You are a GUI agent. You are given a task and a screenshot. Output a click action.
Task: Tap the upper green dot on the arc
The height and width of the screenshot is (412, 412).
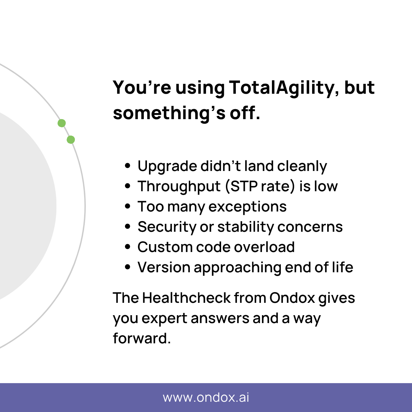click(x=61, y=123)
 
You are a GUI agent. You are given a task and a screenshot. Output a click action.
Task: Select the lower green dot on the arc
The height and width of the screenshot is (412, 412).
click(x=71, y=140)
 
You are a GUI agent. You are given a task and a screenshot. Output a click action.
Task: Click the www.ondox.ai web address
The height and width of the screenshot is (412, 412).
click(x=206, y=398)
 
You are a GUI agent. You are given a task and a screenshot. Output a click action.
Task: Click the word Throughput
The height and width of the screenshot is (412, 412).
click(x=179, y=187)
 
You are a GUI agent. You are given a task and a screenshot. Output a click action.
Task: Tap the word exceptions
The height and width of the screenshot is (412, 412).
click(x=247, y=207)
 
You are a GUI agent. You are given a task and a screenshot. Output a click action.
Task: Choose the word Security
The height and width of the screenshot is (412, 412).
click(x=167, y=227)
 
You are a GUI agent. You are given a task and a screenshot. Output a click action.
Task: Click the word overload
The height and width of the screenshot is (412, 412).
click(x=264, y=247)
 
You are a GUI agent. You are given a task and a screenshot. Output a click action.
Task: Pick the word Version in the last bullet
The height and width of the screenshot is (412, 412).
click(x=164, y=267)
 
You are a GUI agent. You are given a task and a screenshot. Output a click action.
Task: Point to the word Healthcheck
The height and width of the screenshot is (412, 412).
click(x=186, y=298)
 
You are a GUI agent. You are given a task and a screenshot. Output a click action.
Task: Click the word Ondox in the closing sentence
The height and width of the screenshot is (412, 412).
click(x=292, y=298)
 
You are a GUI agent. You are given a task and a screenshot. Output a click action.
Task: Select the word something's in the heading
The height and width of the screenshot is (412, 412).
click(x=169, y=113)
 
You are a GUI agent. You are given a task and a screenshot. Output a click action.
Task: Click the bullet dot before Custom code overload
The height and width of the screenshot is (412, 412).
click(x=128, y=247)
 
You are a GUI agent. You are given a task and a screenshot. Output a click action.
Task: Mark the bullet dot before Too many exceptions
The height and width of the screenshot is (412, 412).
click(x=128, y=207)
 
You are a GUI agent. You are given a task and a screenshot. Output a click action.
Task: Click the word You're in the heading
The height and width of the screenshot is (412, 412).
click(x=142, y=88)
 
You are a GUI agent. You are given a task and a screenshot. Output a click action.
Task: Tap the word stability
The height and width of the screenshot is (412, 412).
click(x=246, y=227)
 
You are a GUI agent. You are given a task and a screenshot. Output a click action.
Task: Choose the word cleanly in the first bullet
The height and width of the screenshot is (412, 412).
click(x=302, y=167)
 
